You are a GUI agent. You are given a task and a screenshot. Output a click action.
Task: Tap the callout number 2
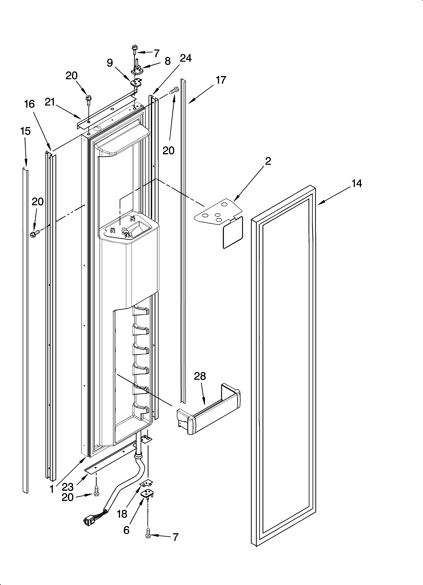tap(268, 161)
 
